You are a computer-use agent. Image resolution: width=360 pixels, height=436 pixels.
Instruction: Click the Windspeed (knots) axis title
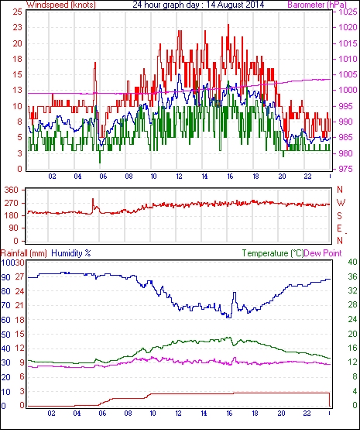click(61, 5)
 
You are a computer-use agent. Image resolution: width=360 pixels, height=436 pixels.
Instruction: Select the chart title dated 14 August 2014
click(198, 5)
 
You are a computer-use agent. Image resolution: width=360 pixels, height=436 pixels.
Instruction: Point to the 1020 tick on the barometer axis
click(348, 27)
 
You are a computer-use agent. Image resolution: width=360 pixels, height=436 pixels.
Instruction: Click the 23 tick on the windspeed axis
click(17, 27)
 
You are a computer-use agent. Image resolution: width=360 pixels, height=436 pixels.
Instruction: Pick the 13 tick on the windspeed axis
click(17, 90)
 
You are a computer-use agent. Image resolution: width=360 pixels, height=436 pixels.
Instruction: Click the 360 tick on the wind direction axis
click(12, 190)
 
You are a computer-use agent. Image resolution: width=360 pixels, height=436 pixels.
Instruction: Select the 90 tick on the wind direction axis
click(14, 228)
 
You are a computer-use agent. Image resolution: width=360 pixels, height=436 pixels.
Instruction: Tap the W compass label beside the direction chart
click(341, 203)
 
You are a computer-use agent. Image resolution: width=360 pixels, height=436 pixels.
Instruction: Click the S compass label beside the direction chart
click(339, 215)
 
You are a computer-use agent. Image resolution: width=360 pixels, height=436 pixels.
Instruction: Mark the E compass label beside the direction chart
click(339, 228)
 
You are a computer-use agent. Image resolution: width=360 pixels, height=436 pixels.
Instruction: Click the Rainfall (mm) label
click(24, 253)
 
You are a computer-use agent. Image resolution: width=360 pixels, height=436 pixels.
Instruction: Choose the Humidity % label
click(71, 253)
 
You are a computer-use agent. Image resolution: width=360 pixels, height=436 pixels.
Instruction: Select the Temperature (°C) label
click(273, 253)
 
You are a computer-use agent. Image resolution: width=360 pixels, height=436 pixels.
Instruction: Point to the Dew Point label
click(323, 253)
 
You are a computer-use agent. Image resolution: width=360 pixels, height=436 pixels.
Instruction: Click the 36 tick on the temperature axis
click(352, 276)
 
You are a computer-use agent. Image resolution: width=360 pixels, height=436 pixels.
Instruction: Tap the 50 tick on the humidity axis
click(6, 335)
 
